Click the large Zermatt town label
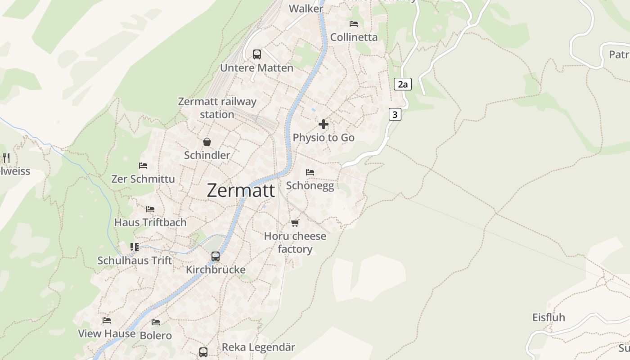click(x=241, y=190)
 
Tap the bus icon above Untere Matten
click(x=256, y=54)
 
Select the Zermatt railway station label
click(x=217, y=108)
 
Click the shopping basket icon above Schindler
click(x=207, y=142)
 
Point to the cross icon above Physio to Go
click(x=324, y=124)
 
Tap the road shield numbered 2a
click(x=403, y=84)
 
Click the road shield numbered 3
click(x=395, y=114)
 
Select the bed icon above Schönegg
click(x=310, y=172)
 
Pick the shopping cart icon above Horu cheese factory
click(x=295, y=223)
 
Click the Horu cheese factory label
click(x=295, y=243)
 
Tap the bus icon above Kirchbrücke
click(x=216, y=256)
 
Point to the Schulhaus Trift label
click(x=135, y=261)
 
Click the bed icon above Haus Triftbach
click(x=150, y=209)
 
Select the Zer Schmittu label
click(x=143, y=179)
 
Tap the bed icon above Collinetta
click(x=354, y=23)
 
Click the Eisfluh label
click(x=549, y=317)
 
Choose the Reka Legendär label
click(x=258, y=347)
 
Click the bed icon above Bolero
click(x=156, y=322)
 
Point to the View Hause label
click(x=107, y=333)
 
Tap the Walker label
click(x=306, y=9)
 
